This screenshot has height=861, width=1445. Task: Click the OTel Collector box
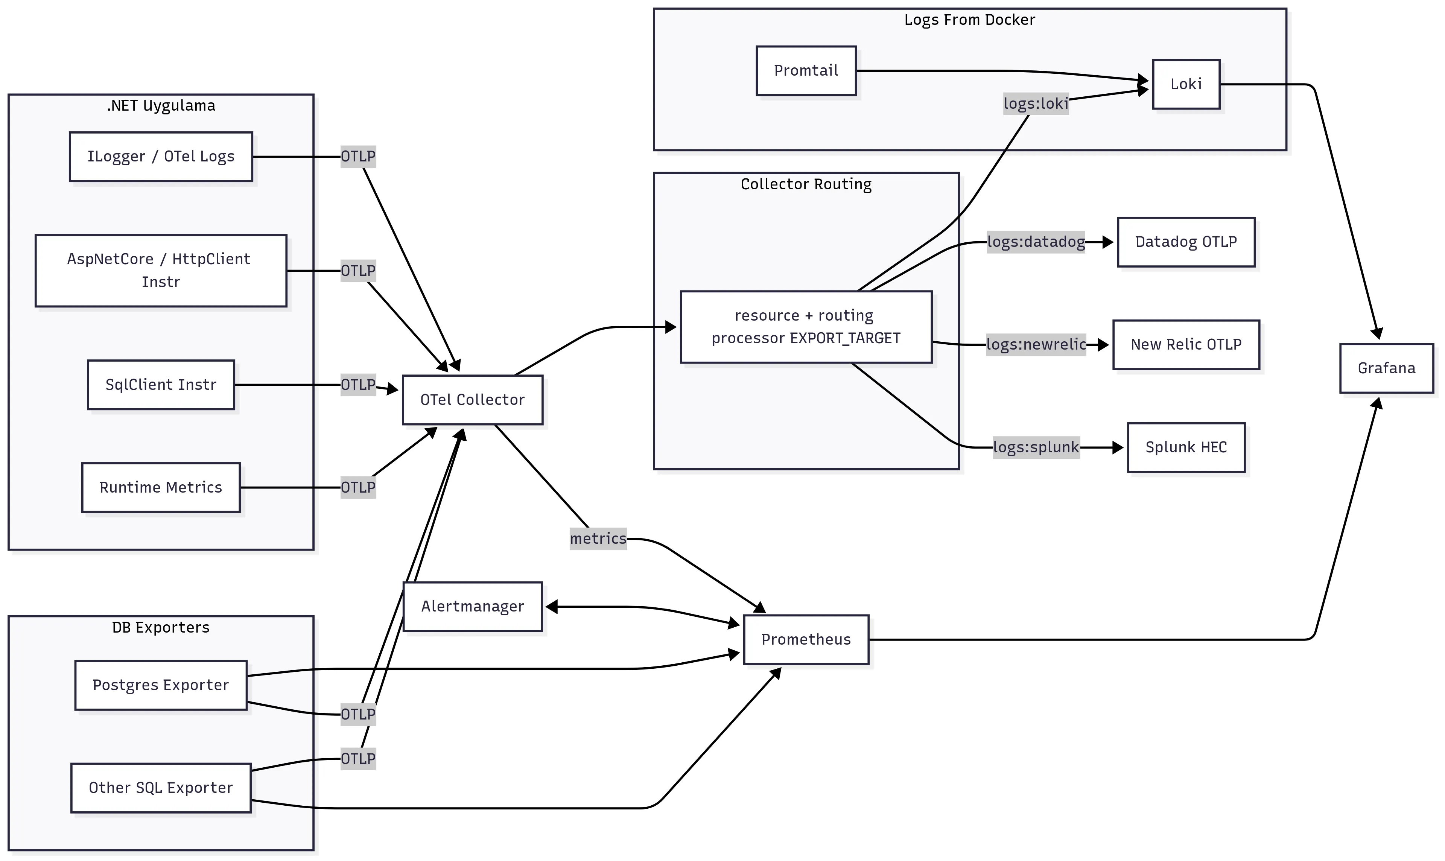472,400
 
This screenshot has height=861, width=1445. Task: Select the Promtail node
806,71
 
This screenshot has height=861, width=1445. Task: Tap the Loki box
1186,84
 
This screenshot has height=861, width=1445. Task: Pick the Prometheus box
806,639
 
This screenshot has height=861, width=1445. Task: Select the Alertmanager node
472,606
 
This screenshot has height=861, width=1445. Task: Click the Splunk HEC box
1186,447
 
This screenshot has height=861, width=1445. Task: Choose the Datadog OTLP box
1186,242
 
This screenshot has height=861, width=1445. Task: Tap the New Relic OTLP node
1186,345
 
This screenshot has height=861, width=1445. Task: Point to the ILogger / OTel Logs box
161,157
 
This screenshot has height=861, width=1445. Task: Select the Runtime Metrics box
161,487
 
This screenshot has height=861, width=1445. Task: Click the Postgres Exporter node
161,685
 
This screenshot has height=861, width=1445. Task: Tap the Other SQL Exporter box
161,788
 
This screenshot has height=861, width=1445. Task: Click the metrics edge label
598,539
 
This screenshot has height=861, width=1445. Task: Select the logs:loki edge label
1036,104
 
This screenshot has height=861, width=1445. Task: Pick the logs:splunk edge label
1036,447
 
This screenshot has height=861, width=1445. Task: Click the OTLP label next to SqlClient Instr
358,385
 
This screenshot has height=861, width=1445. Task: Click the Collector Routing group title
806,184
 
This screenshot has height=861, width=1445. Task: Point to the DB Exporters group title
161,628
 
